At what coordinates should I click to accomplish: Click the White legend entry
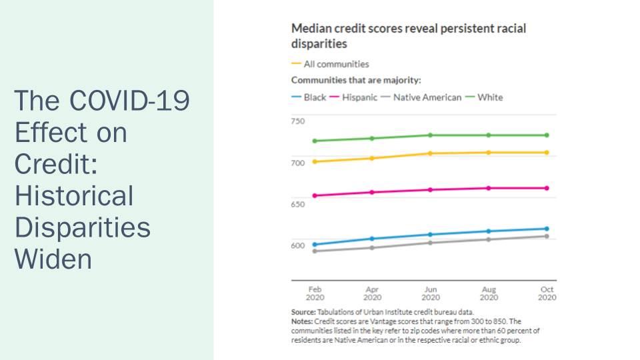click(x=490, y=97)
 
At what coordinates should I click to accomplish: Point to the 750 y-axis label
click(x=298, y=121)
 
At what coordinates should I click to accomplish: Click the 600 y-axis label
click(x=298, y=245)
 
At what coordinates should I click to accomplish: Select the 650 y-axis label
click(x=298, y=203)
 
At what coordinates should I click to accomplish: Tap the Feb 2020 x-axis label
click(x=315, y=293)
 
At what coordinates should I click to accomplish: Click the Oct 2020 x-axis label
click(x=547, y=293)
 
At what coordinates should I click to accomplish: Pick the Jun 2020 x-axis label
click(x=431, y=293)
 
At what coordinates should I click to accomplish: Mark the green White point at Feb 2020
click(x=315, y=141)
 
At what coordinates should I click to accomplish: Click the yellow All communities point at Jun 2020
click(x=431, y=153)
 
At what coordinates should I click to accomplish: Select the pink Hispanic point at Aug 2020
click(x=489, y=188)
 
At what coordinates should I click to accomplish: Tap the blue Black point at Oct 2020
click(x=547, y=229)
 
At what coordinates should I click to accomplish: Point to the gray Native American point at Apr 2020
click(x=373, y=247)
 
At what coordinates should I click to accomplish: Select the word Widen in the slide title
click(x=53, y=258)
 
